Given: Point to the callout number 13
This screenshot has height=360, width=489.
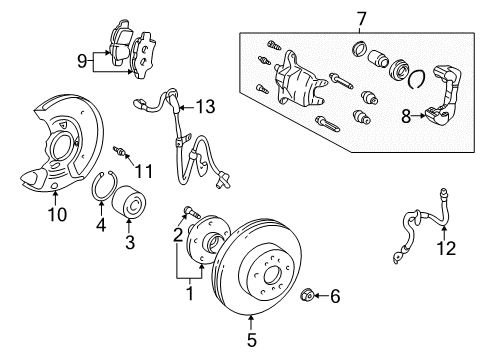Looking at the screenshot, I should [205, 107].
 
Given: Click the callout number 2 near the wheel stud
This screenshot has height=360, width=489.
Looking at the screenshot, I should [177, 236].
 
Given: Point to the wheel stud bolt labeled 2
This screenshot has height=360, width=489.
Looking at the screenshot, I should [191, 210].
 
